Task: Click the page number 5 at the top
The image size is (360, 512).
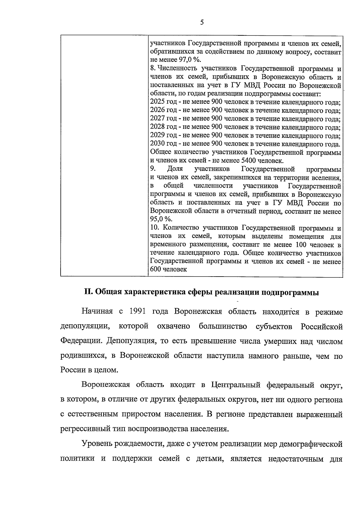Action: click(x=202, y=22)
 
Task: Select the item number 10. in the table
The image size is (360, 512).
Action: click(x=154, y=228)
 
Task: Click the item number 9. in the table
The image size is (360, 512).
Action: click(x=153, y=169)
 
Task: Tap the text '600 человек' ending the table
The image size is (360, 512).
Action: click(x=168, y=269)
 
